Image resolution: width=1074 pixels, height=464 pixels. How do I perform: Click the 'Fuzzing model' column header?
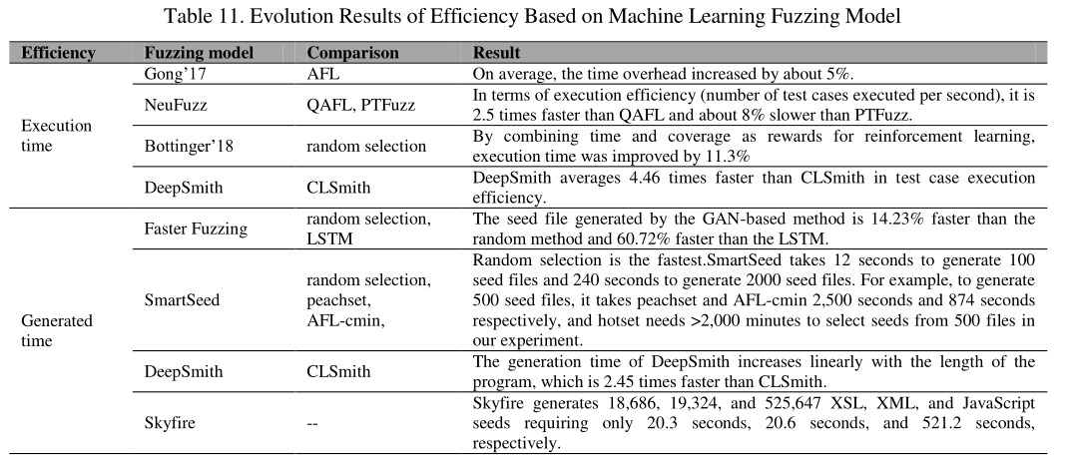pyautogui.click(x=199, y=52)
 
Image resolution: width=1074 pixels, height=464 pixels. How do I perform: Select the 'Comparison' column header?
pyautogui.click(x=353, y=52)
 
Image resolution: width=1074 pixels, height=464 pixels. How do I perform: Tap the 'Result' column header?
pyautogui.click(x=495, y=52)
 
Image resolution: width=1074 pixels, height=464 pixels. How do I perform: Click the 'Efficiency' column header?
pyautogui.click(x=59, y=52)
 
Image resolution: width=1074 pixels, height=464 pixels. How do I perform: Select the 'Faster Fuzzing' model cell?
pyautogui.click(x=196, y=228)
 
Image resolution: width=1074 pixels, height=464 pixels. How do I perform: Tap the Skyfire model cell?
pyautogui.click(x=170, y=422)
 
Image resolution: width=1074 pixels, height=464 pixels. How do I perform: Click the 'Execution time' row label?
pyautogui.click(x=57, y=136)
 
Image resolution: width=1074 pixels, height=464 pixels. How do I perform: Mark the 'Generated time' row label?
pyautogui.click(x=57, y=330)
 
